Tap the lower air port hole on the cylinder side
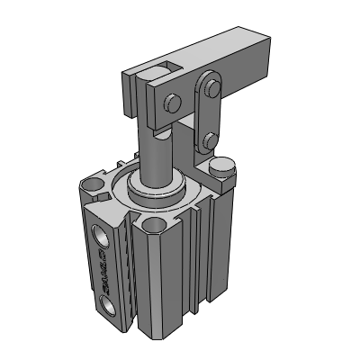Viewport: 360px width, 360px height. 109,309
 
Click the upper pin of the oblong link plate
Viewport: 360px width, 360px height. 211,87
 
